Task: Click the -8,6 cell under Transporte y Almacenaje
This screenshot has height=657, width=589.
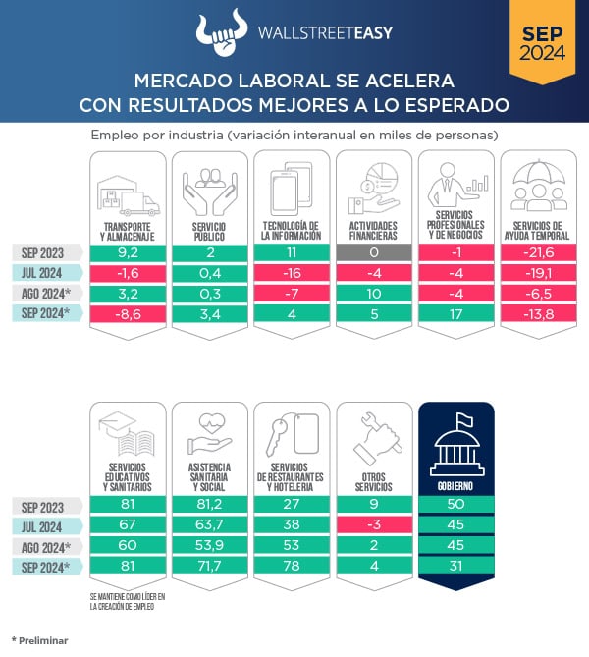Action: tap(127, 313)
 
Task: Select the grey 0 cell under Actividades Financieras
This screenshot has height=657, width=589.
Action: tap(373, 251)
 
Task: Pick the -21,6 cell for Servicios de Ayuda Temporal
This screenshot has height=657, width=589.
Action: tap(537, 251)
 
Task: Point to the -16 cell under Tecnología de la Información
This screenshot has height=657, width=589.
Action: tap(291, 272)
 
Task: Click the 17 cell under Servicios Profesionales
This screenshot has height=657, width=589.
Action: tap(455, 313)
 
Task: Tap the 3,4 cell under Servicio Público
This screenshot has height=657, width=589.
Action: tap(209, 313)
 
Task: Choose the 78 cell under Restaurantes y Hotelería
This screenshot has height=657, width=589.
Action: tap(291, 567)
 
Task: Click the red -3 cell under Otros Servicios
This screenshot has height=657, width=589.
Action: tap(373, 525)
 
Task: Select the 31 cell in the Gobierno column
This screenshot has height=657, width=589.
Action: tap(455, 567)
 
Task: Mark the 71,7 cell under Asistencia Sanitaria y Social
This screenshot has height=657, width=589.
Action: tap(209, 567)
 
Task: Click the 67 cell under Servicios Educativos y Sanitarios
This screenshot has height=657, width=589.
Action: tap(127, 525)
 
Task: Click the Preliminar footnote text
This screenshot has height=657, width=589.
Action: tap(40, 640)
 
